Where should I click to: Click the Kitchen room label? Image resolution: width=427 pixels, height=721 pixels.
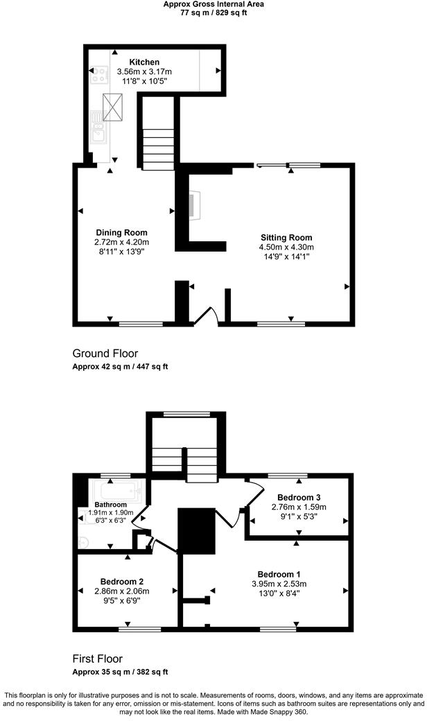[x=144, y=62]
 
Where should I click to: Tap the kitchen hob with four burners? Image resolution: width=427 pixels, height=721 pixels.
[x=97, y=74]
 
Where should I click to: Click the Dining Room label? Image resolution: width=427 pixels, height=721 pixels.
[x=121, y=232]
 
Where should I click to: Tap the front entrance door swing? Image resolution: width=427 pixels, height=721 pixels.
[x=207, y=316]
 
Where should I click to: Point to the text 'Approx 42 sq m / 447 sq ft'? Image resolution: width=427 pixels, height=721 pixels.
[x=120, y=367]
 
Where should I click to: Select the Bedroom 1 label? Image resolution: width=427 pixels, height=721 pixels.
[x=279, y=574]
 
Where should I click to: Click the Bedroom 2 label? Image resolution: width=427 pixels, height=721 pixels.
[x=121, y=581]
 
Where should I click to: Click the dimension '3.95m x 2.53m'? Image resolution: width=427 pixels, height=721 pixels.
[x=279, y=584]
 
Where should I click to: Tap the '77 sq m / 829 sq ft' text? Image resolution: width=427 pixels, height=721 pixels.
[x=213, y=12]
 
